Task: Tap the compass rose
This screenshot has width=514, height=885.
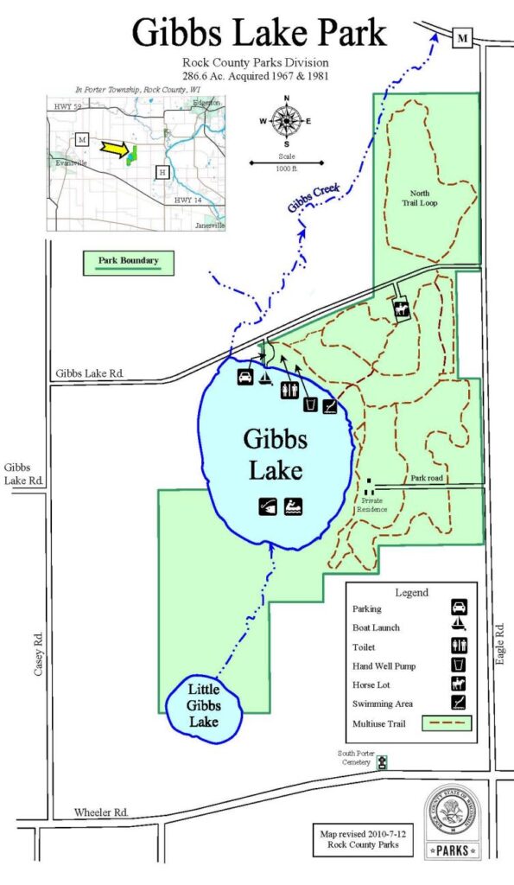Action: (x=286, y=121)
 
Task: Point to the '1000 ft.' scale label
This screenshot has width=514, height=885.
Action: (x=286, y=169)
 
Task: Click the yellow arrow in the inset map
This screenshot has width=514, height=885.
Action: (x=115, y=149)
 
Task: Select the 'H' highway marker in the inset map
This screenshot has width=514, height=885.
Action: (x=162, y=173)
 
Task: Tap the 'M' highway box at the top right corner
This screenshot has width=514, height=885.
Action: (x=464, y=37)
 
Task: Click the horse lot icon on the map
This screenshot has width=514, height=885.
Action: (x=401, y=310)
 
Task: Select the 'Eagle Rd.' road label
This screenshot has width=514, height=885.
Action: (x=498, y=643)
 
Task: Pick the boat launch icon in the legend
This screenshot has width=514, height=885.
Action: (x=460, y=627)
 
